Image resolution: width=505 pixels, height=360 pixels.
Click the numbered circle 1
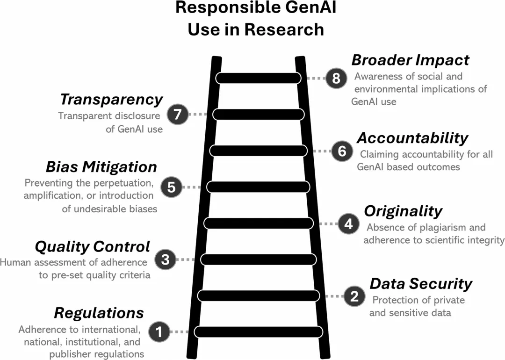click(159, 331)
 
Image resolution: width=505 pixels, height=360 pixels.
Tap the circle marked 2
click(354, 296)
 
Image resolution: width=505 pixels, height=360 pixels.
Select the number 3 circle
click(165, 259)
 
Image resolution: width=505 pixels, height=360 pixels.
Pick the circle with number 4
click(348, 223)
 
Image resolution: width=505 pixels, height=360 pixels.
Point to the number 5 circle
click(171, 187)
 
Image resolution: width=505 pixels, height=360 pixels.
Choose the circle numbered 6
click(342, 151)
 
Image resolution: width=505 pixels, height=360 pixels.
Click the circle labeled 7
click(178, 114)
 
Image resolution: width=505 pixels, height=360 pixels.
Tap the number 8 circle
click(336, 78)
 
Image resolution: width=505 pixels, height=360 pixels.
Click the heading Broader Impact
click(411, 60)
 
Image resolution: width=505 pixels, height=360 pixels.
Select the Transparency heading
click(111, 100)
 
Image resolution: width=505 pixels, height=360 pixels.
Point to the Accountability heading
click(412, 138)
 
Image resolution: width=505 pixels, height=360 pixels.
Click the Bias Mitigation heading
click(101, 167)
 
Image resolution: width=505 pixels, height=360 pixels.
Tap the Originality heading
click(403, 211)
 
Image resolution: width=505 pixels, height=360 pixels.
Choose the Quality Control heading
click(93, 247)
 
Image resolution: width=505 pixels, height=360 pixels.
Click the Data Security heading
click(421, 284)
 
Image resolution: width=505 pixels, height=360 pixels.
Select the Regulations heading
click(99, 313)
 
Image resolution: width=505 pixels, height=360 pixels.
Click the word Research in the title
click(284, 29)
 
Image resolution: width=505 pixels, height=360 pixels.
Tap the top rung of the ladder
click(258, 78)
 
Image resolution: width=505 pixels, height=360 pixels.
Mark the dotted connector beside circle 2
click(335, 296)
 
